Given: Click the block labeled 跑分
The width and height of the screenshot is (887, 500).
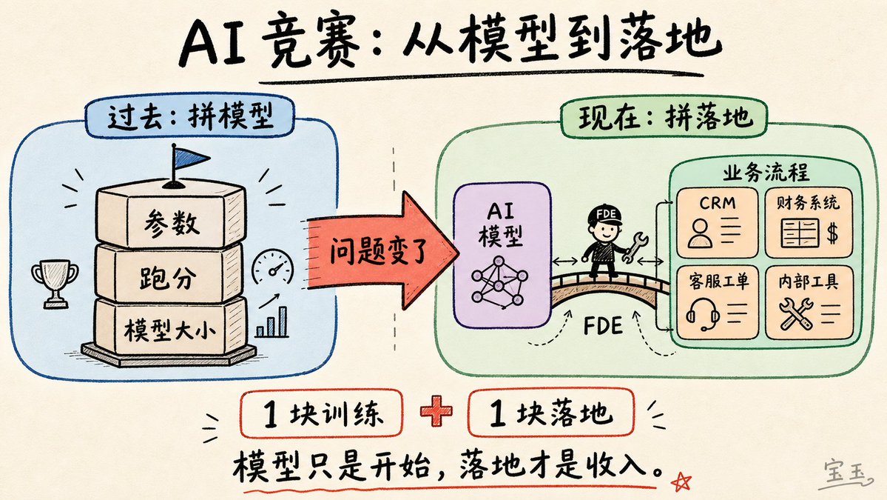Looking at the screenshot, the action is point(169,276).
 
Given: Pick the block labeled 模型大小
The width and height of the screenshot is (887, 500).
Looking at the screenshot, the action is point(169,328).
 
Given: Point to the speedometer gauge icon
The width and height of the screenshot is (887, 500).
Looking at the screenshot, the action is point(273,267).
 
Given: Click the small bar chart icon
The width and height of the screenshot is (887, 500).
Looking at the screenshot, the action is point(273,323).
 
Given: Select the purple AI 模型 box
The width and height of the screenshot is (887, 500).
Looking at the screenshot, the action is point(502,255).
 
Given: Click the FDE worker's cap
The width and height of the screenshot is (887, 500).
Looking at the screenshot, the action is point(604,215).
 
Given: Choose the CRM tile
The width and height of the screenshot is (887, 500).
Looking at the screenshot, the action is point(718,222).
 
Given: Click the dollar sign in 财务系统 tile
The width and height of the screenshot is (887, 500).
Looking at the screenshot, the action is point(832,233).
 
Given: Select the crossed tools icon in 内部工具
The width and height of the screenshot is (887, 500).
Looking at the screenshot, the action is point(795,313).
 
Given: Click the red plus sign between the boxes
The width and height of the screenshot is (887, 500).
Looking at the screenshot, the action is point(436,412).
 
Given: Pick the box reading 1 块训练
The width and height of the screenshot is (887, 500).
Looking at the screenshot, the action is point(322,414).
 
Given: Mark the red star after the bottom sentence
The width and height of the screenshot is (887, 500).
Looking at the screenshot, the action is point(681,482).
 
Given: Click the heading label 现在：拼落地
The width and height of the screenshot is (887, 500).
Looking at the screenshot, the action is point(664,117).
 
